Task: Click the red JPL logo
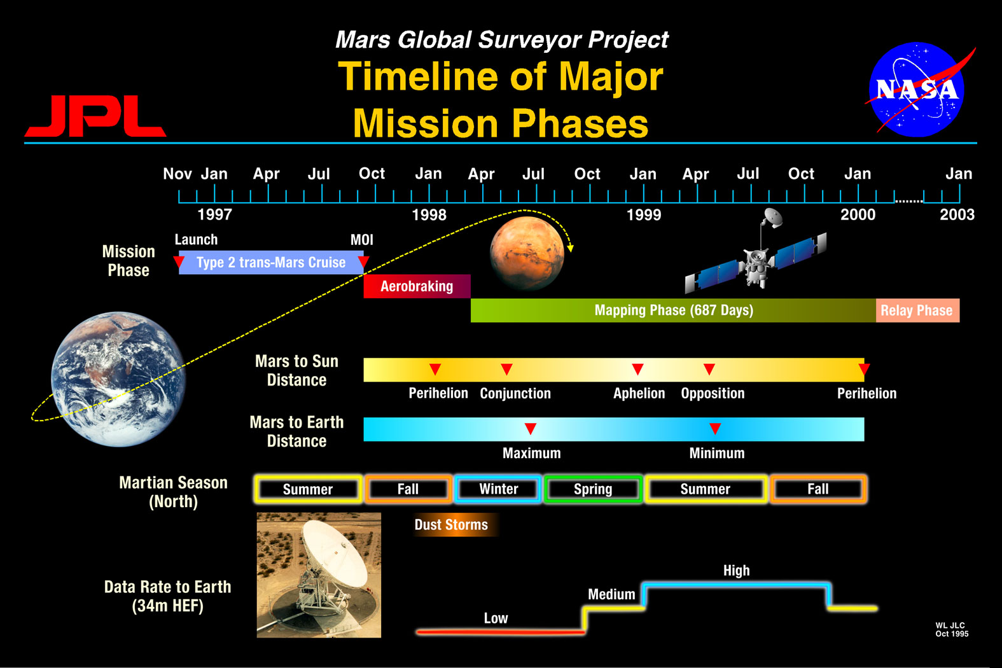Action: point(95,116)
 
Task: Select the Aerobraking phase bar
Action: point(417,286)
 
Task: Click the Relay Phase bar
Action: point(917,310)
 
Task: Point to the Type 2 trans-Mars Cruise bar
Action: point(271,262)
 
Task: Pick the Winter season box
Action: point(498,489)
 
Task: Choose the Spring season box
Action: point(593,489)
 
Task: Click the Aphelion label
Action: point(639,393)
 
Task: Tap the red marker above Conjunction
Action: point(506,369)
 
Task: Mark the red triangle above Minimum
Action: point(715,429)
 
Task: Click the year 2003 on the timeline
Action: point(957,215)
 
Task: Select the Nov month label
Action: point(177,174)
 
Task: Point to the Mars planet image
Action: point(527,253)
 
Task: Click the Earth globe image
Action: point(118,379)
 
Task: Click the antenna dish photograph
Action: point(319,575)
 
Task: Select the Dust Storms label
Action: point(451,525)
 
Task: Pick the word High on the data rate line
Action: point(736,571)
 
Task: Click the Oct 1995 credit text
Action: point(952,634)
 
